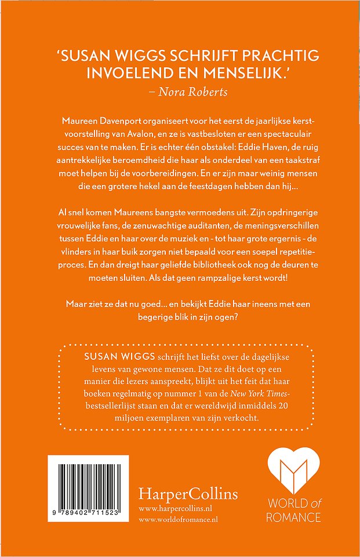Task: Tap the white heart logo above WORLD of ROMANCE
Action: [293, 478]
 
